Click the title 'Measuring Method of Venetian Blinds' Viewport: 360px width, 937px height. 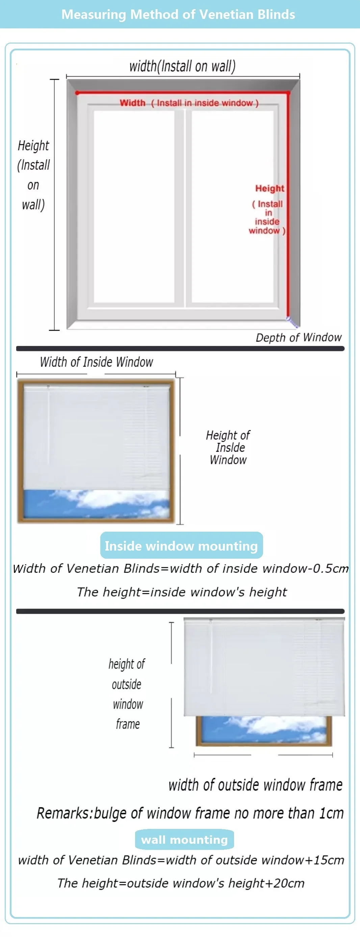[x=178, y=15]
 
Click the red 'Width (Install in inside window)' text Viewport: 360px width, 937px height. [x=189, y=103]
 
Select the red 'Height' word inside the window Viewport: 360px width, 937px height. [x=269, y=188]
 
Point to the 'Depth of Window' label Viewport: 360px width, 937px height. [x=299, y=337]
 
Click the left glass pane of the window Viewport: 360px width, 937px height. [x=134, y=206]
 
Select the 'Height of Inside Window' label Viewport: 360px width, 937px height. [x=228, y=448]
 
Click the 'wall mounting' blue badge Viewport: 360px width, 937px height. [x=184, y=839]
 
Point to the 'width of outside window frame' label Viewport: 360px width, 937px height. [x=255, y=785]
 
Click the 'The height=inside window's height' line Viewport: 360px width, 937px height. [x=182, y=592]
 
